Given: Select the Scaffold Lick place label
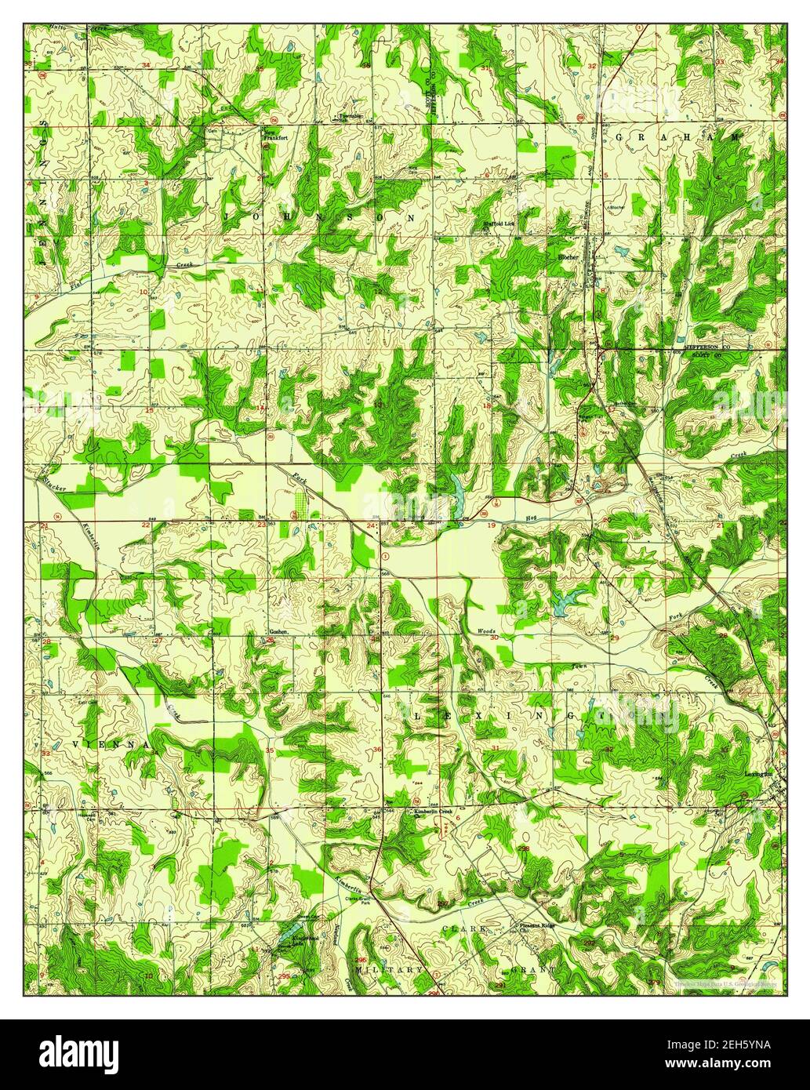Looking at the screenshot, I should click(498, 223).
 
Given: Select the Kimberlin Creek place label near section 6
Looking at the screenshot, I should click(434, 812).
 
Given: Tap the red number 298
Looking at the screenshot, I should click(523, 848).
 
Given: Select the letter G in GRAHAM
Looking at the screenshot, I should click(619, 136).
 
